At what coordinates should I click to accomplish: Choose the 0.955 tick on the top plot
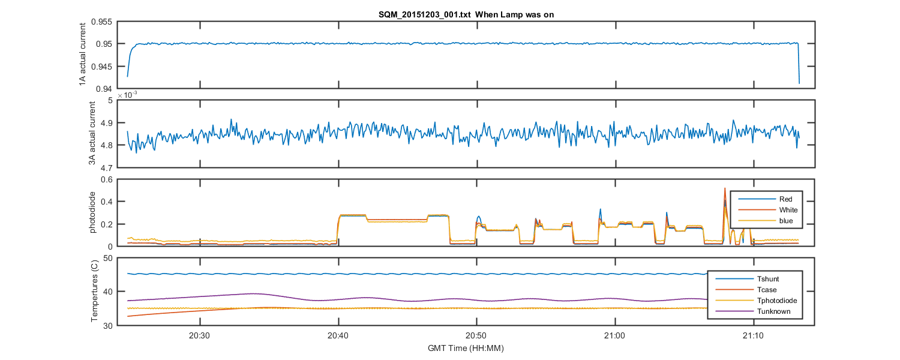[101, 22]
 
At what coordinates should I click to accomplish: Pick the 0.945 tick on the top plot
[101, 66]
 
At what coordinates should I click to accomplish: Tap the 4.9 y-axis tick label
[105, 123]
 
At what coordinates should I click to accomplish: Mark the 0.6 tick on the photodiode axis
[106, 179]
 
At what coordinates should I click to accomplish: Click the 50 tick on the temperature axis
[108, 258]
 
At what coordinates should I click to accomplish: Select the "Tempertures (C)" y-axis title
[94, 292]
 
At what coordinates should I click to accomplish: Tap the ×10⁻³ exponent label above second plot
[127, 95]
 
